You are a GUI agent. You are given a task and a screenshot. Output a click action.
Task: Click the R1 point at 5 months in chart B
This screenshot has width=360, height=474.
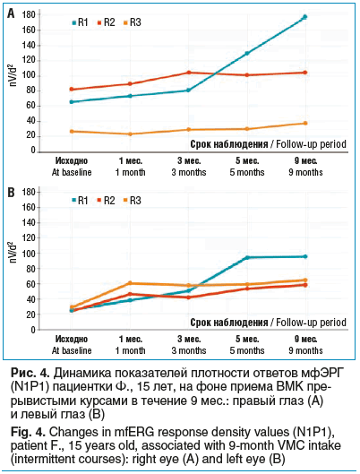(x=248, y=258)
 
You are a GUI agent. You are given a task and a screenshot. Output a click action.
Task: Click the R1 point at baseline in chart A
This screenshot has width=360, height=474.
(x=71, y=101)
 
